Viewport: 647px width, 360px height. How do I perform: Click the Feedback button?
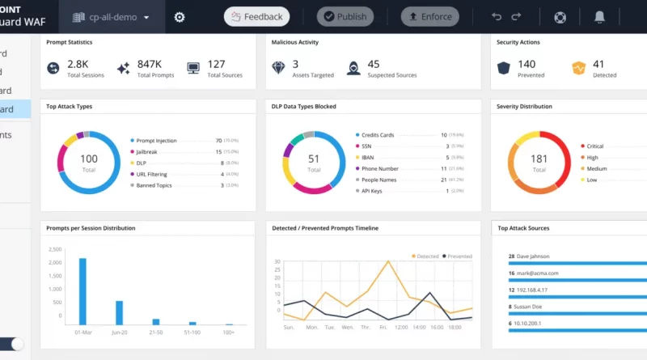[256, 16]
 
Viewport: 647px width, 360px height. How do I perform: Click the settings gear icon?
[180, 17]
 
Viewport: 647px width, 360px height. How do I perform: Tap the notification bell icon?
[599, 17]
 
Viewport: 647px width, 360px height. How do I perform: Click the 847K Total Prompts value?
[149, 64]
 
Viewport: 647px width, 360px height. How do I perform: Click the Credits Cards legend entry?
[378, 135]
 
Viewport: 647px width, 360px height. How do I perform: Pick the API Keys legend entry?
[372, 191]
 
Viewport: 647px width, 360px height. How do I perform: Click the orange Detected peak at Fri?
[388, 262]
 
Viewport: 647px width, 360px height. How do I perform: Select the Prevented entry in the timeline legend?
[459, 256]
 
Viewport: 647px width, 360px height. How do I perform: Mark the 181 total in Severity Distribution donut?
[539, 159]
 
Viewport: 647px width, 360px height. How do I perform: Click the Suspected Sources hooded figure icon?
[353, 68]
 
